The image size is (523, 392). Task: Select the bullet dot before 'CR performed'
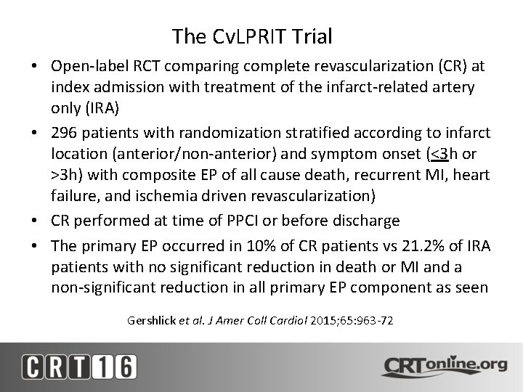[34, 221]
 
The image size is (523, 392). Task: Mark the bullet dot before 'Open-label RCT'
[34, 65]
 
